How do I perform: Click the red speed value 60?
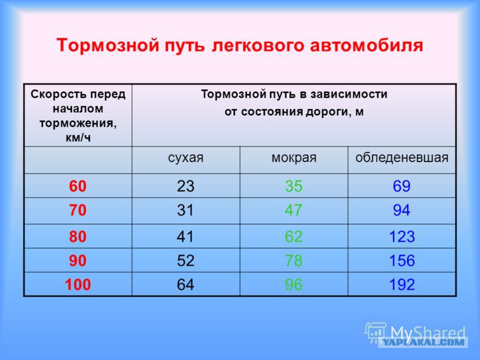coord(78,186)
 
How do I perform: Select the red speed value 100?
coord(78,284)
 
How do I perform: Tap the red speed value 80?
coord(78,236)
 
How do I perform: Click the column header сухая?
coord(185,158)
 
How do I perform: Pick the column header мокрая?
coord(294,158)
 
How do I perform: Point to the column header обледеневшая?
coord(401,158)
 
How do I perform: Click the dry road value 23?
coord(185,186)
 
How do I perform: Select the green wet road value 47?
coord(293,210)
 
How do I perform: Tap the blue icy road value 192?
coord(402,284)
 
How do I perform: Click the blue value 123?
coord(402,236)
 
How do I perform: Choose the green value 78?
coord(293,260)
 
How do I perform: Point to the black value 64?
coord(185,284)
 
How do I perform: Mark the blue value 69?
coord(401,186)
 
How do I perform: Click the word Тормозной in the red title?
coord(108,46)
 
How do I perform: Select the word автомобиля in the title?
coord(367,46)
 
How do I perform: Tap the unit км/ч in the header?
coord(78,138)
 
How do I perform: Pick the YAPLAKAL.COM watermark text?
coord(424,342)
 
